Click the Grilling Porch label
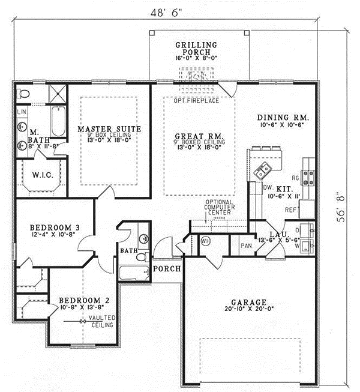[x=196, y=49]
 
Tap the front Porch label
[x=166, y=268]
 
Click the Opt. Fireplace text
[x=196, y=100]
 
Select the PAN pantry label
[x=245, y=246]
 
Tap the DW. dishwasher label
[x=267, y=187]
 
